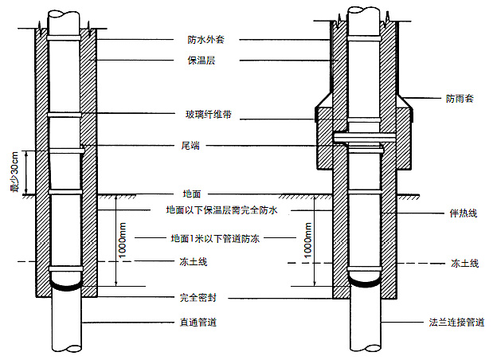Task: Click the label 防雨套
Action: [459, 100]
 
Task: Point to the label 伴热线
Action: [463, 215]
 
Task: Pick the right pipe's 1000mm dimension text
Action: [307, 240]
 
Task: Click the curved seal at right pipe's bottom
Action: [366, 280]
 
